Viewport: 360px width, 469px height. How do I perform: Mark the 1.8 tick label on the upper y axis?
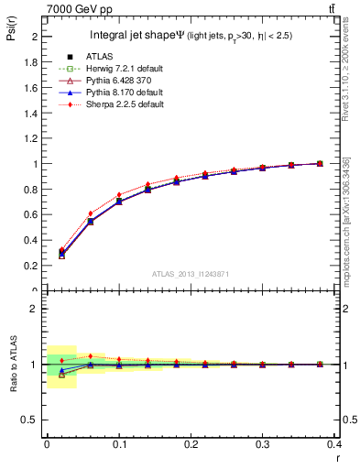(x=33, y=62)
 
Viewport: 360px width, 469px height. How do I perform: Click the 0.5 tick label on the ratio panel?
(x=33, y=420)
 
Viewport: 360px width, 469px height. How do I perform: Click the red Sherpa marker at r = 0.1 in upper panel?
(x=119, y=195)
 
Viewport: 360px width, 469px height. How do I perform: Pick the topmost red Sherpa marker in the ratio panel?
(x=90, y=356)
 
